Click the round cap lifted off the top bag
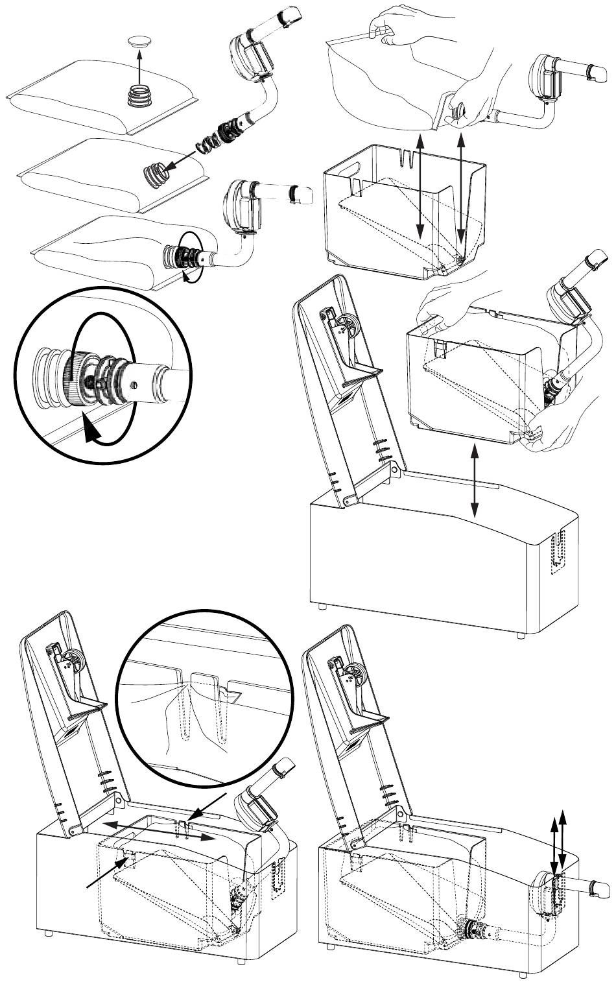138,42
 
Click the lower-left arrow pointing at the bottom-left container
110,870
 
